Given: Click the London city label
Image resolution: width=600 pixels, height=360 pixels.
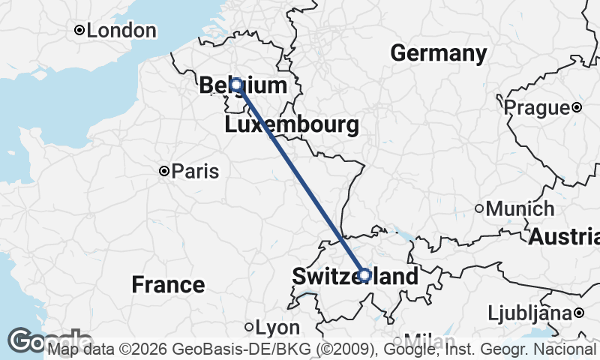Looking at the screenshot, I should (122, 31).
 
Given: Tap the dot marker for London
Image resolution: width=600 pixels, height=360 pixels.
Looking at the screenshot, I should (79, 31).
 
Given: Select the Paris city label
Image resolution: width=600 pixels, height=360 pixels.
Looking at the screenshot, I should (195, 172).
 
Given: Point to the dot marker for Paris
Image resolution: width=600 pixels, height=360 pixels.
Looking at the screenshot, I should (164, 172).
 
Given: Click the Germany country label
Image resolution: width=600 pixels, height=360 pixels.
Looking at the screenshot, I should (439, 53).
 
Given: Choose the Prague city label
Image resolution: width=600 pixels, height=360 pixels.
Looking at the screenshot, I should (536, 108).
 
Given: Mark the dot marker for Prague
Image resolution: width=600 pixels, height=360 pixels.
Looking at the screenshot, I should (577, 108).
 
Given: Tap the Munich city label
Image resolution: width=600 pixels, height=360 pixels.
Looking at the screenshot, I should (520, 208).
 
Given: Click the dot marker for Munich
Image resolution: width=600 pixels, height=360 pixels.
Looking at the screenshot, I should (479, 208).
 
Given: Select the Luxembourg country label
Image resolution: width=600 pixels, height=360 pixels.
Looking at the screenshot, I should (292, 124).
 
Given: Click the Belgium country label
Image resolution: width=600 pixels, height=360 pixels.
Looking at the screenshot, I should (243, 85).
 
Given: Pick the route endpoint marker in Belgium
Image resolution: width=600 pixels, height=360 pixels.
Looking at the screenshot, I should (235, 85).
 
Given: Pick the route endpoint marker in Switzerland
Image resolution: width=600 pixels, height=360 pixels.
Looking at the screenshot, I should (364, 275).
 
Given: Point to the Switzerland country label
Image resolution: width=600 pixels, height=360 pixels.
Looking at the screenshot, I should (355, 276).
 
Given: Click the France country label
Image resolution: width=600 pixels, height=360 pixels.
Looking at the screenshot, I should (168, 284).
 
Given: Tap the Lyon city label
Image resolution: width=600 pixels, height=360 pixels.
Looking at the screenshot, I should (277, 328).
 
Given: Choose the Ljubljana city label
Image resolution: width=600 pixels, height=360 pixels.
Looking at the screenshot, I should (530, 312).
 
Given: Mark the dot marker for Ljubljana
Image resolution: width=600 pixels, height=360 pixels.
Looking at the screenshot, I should (580, 312).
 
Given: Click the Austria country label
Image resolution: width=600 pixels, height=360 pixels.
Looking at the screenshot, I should (565, 237).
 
